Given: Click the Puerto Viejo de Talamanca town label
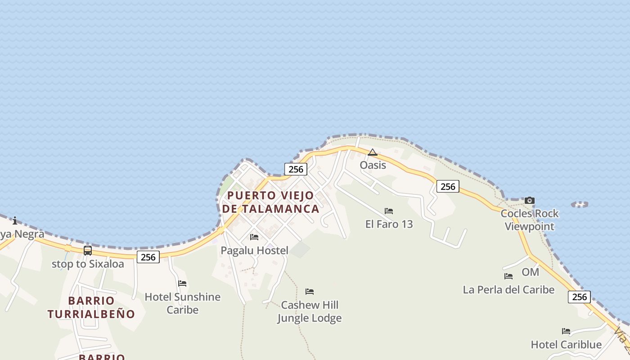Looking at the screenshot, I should coord(270,202).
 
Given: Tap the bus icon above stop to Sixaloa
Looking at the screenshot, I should coord(88,251).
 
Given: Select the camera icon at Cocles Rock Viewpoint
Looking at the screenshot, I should coord(530,200).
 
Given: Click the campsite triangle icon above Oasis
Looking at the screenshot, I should coord(372,153).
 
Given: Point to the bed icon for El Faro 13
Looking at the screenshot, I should coord(389,211).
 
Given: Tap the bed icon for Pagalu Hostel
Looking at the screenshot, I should coord(254,237).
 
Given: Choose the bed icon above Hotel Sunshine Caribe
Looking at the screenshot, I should coord(182,283).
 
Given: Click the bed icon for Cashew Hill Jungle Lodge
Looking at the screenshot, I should coord(310,292).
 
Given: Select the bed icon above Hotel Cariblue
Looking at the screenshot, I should coord(566,331).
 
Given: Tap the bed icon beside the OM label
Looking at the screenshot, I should coord(508,276).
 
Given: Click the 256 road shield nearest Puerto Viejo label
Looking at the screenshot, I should coord(296,169).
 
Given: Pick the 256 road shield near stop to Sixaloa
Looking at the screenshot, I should coord(148,257).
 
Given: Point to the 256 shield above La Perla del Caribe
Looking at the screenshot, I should coord(579,297).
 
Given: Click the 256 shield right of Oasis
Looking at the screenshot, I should coord(448,186).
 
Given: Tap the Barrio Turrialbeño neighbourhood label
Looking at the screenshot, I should coord(91,307).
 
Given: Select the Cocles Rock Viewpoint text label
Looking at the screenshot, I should coord(530,220).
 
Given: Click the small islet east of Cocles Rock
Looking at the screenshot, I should coord(580,204).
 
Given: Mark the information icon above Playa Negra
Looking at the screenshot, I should coord(15,220).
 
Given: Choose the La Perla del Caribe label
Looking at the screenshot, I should coord(508,290).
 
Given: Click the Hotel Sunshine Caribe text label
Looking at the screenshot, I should coord(182,303).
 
